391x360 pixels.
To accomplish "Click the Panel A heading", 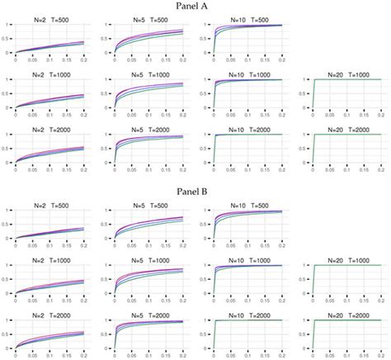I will point(195,6).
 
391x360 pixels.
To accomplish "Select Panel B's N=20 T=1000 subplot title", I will point(340,259).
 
